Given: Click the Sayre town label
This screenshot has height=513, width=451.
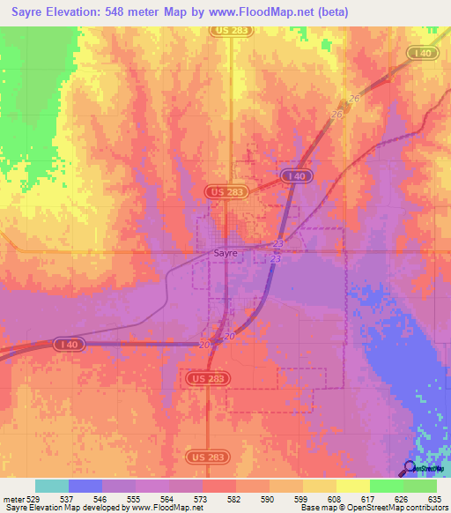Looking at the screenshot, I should [226, 252].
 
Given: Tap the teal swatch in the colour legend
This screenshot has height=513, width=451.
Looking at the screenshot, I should [52, 486].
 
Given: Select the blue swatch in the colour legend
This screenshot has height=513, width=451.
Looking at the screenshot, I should [85, 486].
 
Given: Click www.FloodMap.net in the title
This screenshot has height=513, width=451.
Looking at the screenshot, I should [266, 12].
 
